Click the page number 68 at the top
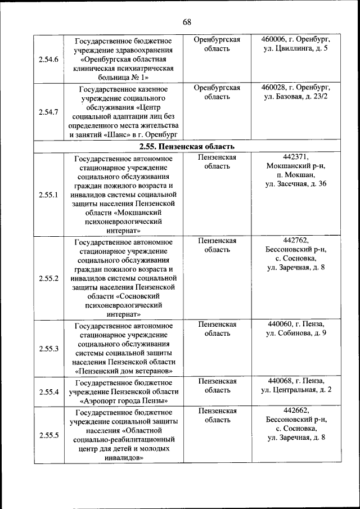click(x=187, y=22)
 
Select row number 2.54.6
click(x=48, y=59)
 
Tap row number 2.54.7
click(x=48, y=112)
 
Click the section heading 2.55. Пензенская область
click(x=187, y=147)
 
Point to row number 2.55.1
click(x=48, y=194)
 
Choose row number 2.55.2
click(x=48, y=278)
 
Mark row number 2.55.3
click(x=48, y=348)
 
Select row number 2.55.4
click(x=48, y=391)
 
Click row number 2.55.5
click(x=48, y=435)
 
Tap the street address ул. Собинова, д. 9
click(x=296, y=334)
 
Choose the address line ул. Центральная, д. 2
click(x=296, y=390)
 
